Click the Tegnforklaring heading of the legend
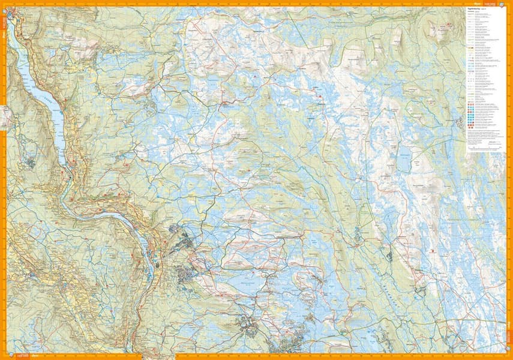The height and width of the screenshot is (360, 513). coord(478,9)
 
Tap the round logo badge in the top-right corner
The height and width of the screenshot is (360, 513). coord(509,3)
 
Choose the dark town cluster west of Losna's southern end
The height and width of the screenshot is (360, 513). coord(30,161)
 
